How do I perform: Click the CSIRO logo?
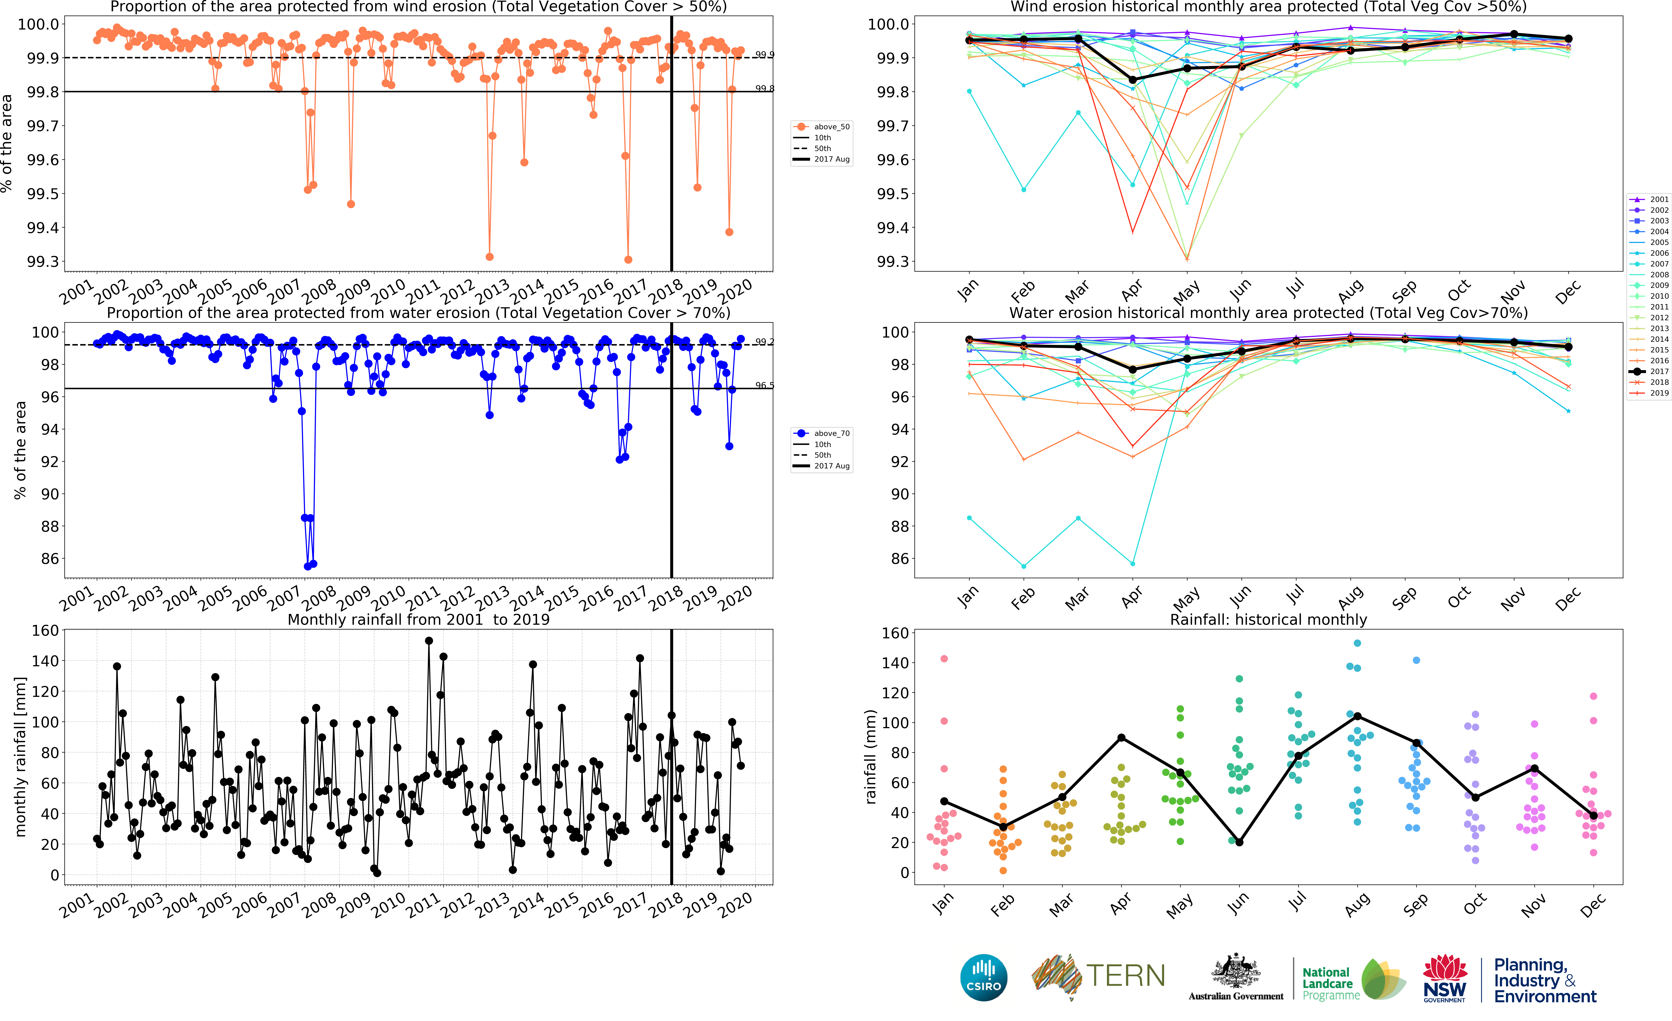tap(983, 978)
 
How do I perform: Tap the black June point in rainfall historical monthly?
tap(1239, 842)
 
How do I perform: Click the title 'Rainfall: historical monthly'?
tap(1268, 619)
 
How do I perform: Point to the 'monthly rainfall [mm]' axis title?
tap(20, 756)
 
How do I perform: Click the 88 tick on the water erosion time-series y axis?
tap(50, 526)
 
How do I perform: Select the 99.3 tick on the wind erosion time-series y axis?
tap(43, 262)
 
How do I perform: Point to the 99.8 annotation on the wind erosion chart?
tap(765, 89)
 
